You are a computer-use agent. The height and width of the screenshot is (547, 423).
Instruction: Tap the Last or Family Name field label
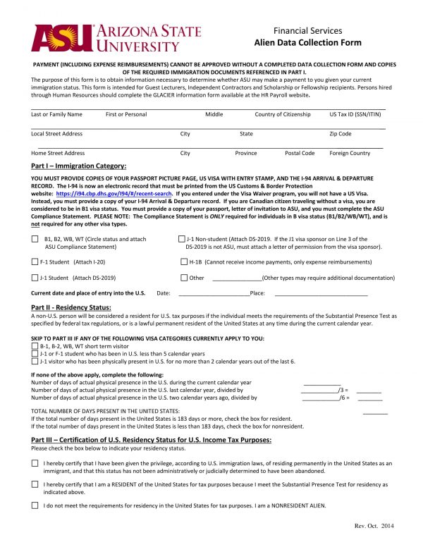click(56, 114)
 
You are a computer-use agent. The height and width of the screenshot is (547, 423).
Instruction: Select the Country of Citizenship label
click(282, 114)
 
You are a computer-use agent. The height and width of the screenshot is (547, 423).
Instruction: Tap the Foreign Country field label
click(349, 153)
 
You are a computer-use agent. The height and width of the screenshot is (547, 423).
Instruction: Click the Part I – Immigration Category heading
click(79, 166)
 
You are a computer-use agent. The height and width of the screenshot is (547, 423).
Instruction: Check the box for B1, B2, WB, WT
click(35, 240)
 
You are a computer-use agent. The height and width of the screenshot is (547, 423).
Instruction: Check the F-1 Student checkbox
click(35, 262)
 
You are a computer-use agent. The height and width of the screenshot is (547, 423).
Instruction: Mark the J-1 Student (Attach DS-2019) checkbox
click(35, 278)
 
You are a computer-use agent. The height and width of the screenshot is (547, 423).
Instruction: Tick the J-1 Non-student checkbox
click(182, 240)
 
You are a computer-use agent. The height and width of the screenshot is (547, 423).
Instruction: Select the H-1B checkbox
click(182, 262)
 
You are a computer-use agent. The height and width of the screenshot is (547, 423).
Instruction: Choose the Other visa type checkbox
click(182, 278)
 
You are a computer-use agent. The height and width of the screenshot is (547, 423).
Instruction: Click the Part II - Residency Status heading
click(71, 307)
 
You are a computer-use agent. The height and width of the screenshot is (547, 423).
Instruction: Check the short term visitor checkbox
click(35, 347)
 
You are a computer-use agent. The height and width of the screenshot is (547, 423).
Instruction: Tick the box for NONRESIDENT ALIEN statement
click(35, 505)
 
